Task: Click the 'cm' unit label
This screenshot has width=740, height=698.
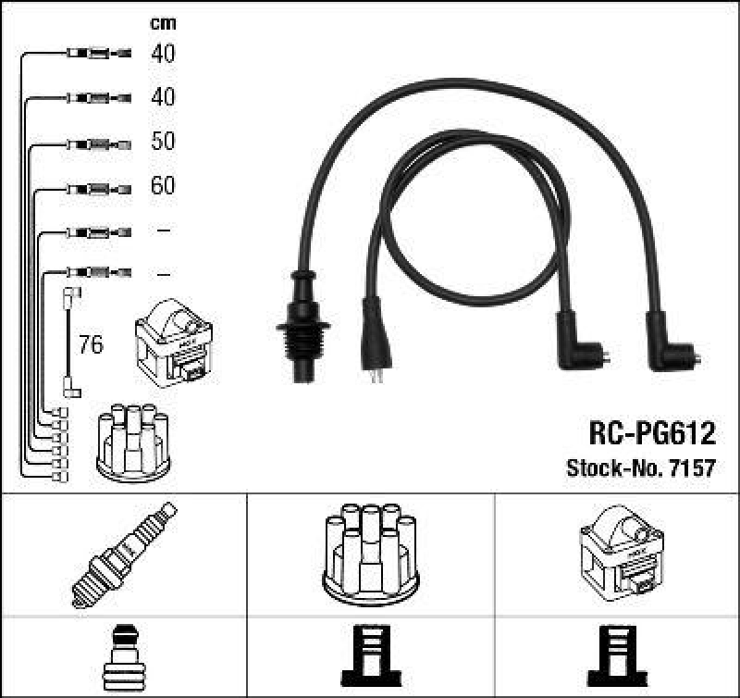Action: pyautogui.click(x=163, y=23)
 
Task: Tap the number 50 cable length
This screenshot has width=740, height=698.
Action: pyautogui.click(x=163, y=142)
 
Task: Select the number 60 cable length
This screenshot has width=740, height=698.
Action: pyautogui.click(x=163, y=186)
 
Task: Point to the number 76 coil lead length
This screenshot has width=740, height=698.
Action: pyautogui.click(x=91, y=346)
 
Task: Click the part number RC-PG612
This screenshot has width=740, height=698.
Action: pyautogui.click(x=651, y=432)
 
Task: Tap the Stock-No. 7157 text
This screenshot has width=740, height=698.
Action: pyautogui.click(x=640, y=467)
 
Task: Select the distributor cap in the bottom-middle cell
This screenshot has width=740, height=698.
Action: pyautogui.click(x=370, y=552)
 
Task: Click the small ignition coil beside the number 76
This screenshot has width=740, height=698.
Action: pyautogui.click(x=173, y=346)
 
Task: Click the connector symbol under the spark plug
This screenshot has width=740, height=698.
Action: pyautogui.click(x=123, y=655)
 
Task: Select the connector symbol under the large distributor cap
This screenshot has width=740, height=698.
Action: pyautogui.click(x=370, y=655)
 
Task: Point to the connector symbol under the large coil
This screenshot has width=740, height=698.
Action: pyautogui.click(x=616, y=655)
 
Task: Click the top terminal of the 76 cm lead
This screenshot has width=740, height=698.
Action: pyautogui.click(x=69, y=295)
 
